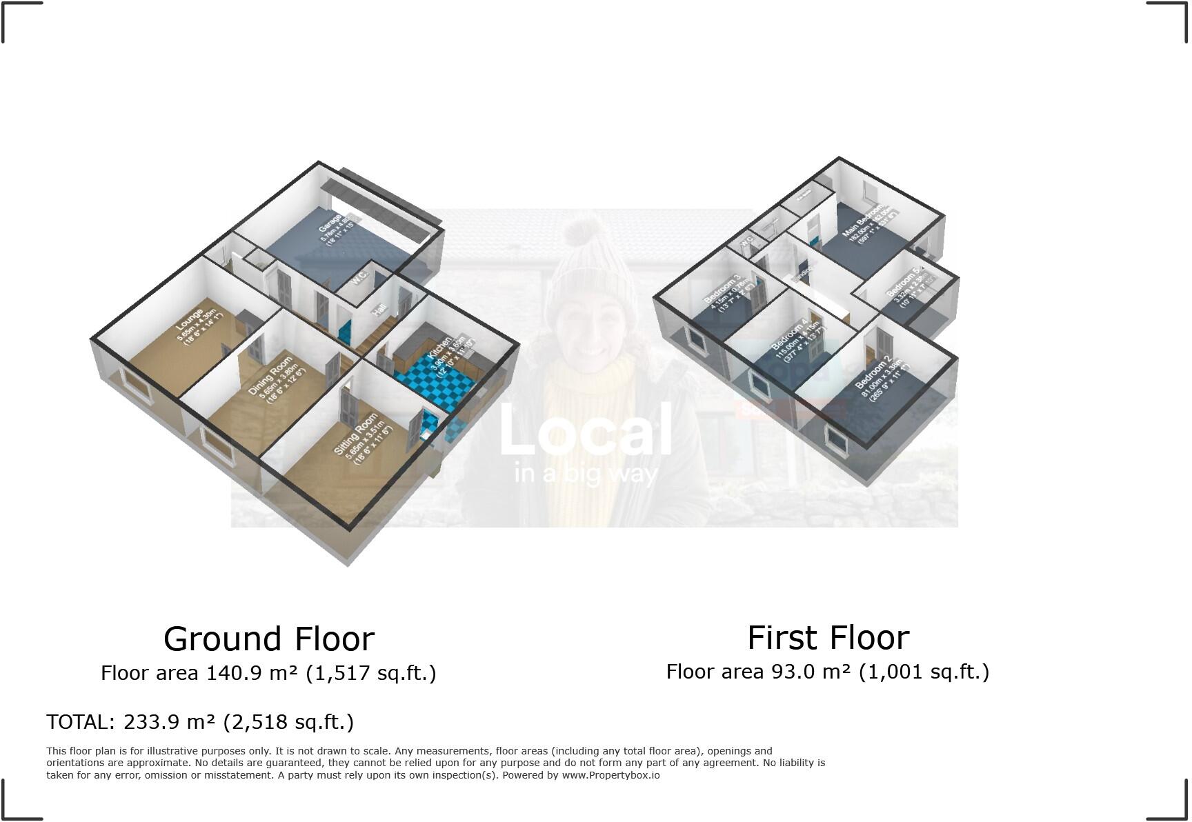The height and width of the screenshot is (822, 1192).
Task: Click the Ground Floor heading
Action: [269, 639]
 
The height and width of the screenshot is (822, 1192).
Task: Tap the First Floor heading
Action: [828, 637]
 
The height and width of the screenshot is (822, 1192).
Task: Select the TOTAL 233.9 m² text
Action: [200, 722]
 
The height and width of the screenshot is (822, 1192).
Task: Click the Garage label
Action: [330, 221]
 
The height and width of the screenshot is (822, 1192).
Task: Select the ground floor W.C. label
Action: [359, 277]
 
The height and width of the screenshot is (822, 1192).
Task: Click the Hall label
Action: [379, 310]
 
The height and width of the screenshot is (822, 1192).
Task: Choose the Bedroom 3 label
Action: [722, 288]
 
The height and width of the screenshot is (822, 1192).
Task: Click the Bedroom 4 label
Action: [789, 334]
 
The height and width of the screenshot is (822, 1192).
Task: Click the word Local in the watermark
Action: [585, 430]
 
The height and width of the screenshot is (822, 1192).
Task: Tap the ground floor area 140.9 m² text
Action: [268, 672]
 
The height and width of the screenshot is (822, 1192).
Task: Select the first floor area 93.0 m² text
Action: [827, 671]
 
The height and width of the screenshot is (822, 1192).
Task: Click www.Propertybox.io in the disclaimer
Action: [610, 775]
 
